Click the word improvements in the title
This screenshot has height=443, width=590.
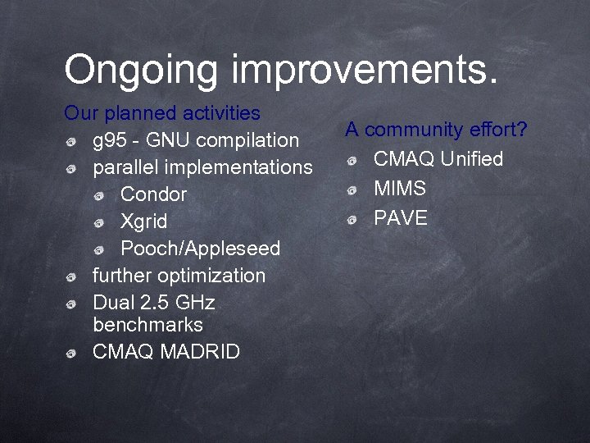point(365,70)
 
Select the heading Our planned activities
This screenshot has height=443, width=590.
point(162,112)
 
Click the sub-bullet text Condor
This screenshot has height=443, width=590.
point(153,194)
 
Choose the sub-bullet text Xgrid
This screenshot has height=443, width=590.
point(143,221)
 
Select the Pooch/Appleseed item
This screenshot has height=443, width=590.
point(200,249)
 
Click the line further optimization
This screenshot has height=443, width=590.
point(179,276)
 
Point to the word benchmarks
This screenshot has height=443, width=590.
point(147,325)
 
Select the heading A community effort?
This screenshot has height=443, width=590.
point(436,130)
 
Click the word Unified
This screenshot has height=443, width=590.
point(471,159)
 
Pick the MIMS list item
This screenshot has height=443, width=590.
point(400,189)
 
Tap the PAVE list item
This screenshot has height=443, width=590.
point(401,218)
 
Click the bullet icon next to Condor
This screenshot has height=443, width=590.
point(99,195)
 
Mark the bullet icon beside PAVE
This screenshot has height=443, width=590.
point(352,219)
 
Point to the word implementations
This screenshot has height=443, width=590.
point(238,167)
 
